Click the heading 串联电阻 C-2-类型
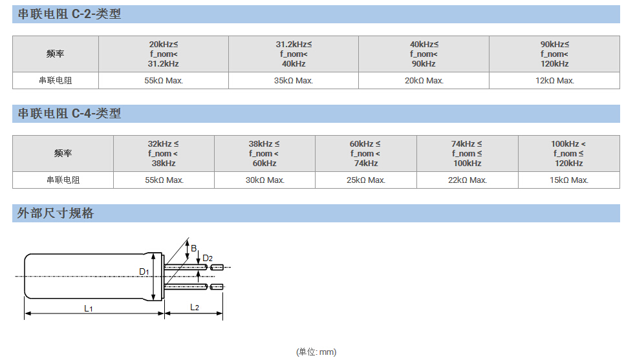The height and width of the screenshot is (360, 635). (x=69, y=14)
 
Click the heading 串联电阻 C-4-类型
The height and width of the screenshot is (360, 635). (x=69, y=114)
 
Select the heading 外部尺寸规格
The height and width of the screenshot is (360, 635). (x=56, y=213)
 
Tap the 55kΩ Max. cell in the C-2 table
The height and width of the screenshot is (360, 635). (x=163, y=81)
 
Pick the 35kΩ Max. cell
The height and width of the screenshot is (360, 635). (x=293, y=81)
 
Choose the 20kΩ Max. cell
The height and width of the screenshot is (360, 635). (x=424, y=81)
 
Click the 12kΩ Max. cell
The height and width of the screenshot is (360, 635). (x=554, y=81)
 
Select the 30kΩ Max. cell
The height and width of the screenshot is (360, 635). (x=264, y=180)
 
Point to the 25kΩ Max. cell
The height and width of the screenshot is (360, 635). (x=365, y=180)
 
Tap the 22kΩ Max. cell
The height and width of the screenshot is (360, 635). (x=467, y=180)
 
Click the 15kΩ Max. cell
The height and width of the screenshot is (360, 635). (x=568, y=180)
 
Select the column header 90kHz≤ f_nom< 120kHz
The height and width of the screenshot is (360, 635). (x=554, y=54)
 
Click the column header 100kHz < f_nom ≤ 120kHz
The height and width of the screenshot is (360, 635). (x=568, y=154)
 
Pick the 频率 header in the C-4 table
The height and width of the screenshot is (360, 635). (x=63, y=154)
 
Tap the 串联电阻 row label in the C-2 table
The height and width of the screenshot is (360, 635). (x=56, y=81)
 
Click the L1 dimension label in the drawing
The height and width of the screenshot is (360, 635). (x=89, y=309)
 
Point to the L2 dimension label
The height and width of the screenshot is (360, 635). (x=195, y=307)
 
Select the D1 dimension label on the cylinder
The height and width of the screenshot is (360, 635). (x=144, y=271)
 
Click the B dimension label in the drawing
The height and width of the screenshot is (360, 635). (x=193, y=248)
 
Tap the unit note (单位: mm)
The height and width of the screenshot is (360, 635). (x=316, y=352)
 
